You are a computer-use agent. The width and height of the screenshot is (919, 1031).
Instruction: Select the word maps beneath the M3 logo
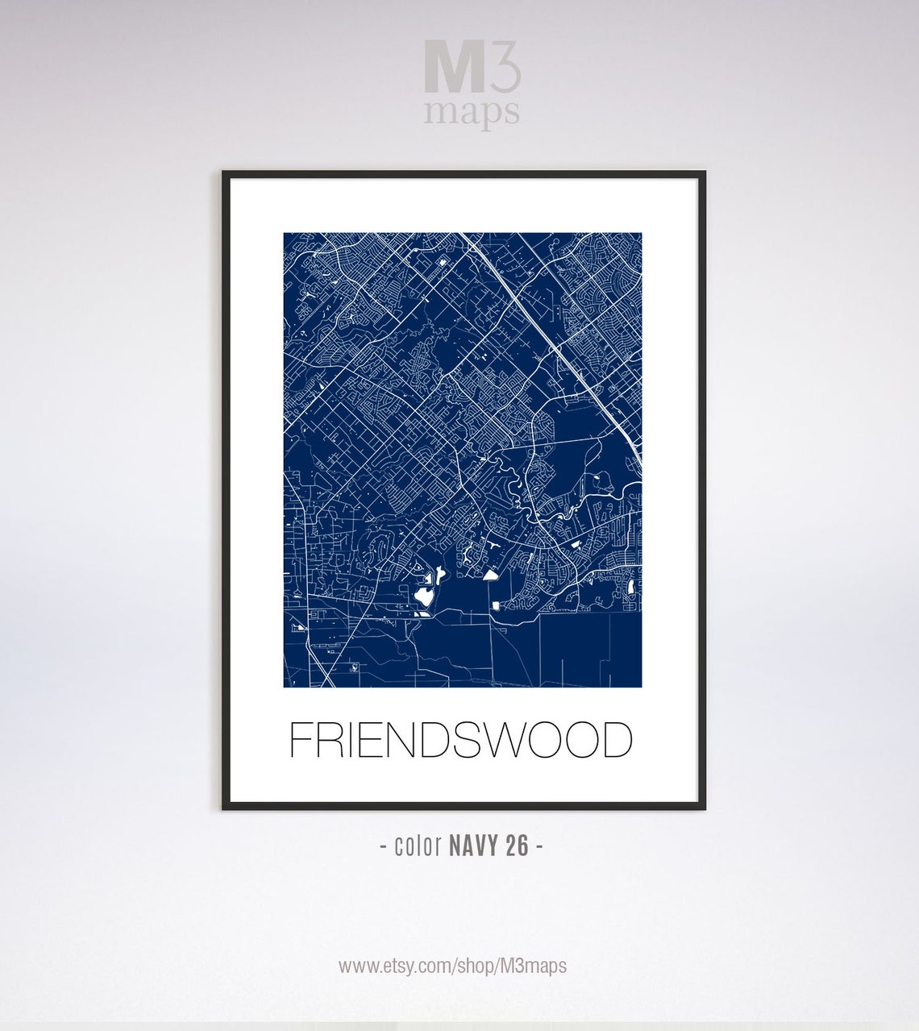pos(472,113)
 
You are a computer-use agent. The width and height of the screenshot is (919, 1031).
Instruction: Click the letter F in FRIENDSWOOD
pos(301,740)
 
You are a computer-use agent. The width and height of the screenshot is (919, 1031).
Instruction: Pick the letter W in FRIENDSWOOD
pos(502,740)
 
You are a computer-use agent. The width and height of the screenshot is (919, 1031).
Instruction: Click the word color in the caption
pos(418,846)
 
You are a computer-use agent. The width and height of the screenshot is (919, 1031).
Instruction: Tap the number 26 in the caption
pos(518,846)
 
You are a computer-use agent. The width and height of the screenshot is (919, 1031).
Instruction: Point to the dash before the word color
pos(383,846)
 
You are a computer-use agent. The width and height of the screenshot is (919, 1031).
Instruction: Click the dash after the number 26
pos(539,846)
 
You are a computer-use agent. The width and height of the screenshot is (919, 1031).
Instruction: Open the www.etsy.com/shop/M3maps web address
pos(452,966)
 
